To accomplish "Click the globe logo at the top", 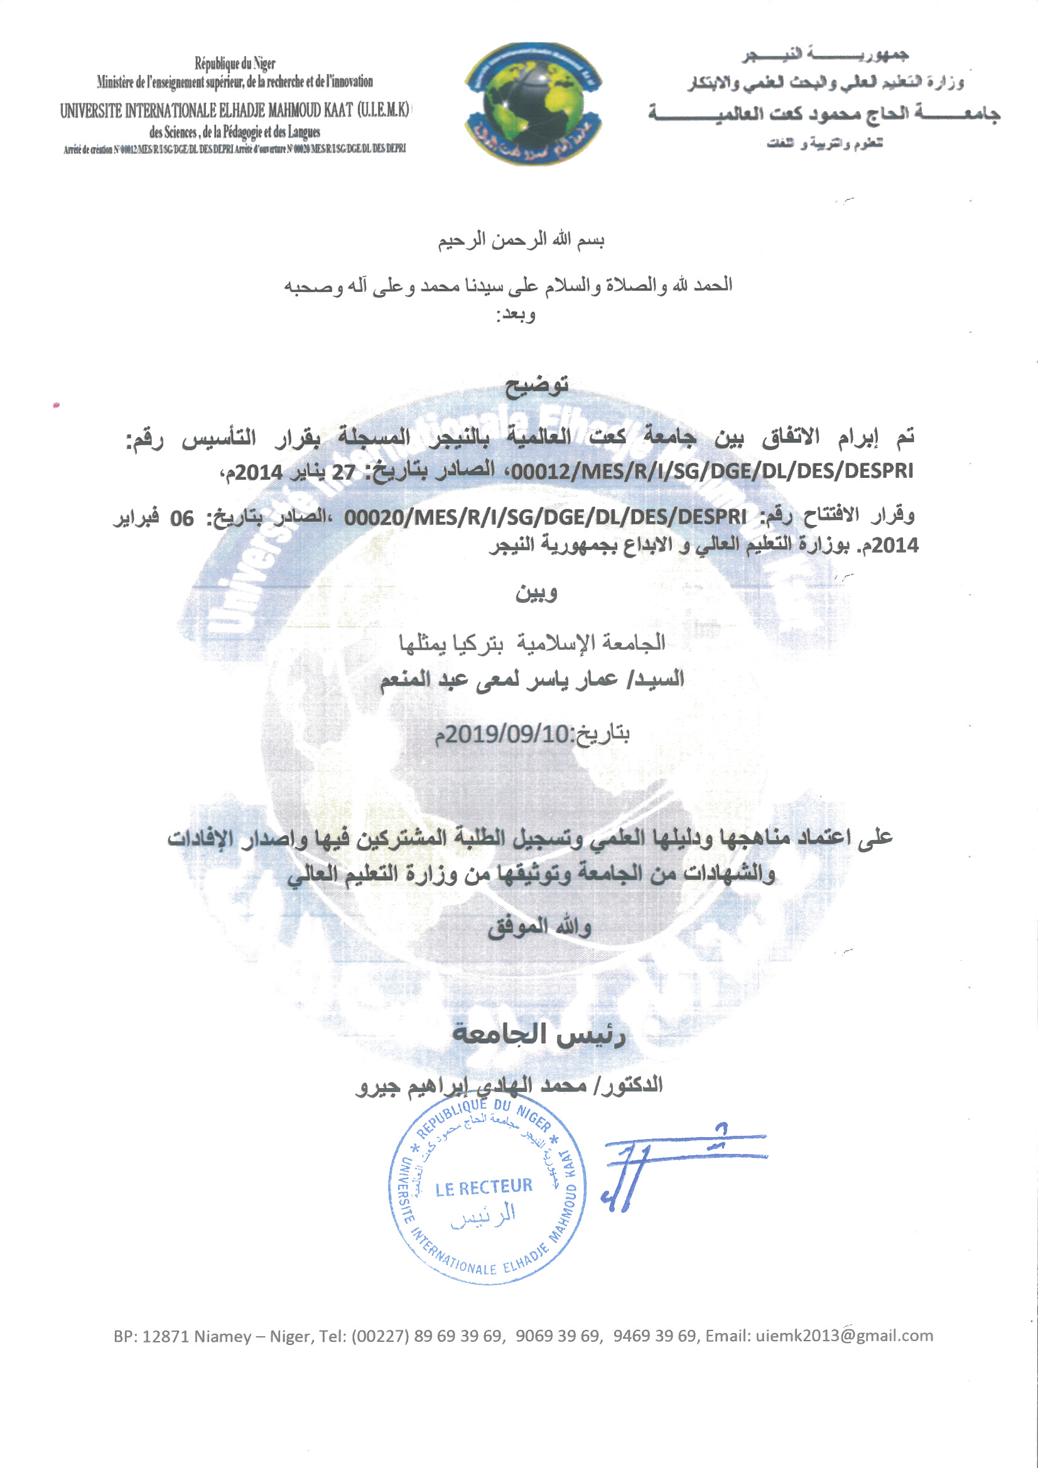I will (x=533, y=104).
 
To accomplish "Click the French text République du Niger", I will (x=235, y=63).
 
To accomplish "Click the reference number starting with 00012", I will (x=713, y=471).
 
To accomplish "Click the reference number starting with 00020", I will (x=545, y=517).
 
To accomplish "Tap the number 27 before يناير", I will (x=343, y=473).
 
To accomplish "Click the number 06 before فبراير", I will (x=181, y=518).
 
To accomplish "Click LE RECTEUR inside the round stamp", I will (x=484, y=1187).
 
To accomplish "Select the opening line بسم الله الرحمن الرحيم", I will (x=521, y=240).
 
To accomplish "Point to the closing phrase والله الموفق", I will (x=539, y=927).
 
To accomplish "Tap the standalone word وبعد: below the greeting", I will (x=516, y=314).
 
